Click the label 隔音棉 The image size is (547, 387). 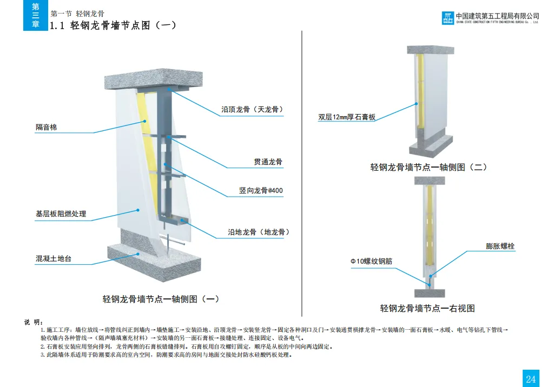tap(47, 128)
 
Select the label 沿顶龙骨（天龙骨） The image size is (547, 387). tap(252, 109)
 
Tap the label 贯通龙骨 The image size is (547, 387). tap(268, 162)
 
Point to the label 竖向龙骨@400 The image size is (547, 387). tap(261, 190)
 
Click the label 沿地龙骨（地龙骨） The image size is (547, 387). tap(259, 232)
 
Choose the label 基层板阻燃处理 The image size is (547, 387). tap(61, 214)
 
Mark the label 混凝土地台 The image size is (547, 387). tap(54, 258)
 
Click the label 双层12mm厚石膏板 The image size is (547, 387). tap(347, 117)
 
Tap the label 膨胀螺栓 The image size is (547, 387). tap(500, 246)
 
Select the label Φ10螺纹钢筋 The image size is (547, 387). tap(371, 262)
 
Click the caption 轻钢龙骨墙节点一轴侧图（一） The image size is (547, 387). tap(161, 298)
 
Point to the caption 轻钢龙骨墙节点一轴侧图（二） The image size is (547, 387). tap(429, 167)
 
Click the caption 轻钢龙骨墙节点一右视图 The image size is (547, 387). tap(427, 308)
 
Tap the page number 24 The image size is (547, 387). tap(530, 378)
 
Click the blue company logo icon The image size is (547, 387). tap(449, 18)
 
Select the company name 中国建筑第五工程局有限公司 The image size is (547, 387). tap(498, 16)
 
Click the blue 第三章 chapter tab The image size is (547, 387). tap(36, 16)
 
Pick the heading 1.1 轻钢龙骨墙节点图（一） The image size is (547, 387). tap(113, 25)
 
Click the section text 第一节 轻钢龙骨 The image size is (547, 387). tap(77, 13)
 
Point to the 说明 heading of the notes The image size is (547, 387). tap(33, 322)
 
